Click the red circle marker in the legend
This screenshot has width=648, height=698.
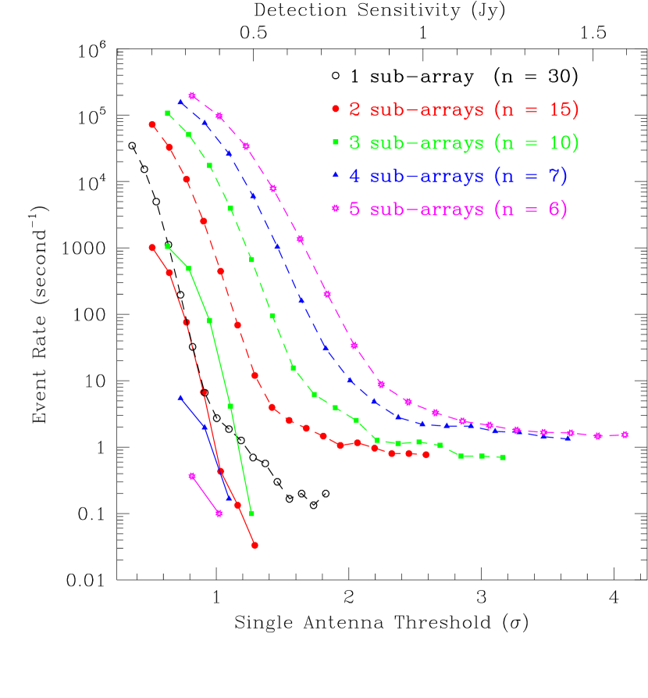[336, 109]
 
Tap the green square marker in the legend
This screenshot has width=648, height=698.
[336, 142]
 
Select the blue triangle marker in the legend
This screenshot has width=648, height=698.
[336, 175]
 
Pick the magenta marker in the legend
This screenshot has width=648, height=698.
[336, 209]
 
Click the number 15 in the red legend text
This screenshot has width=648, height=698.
[559, 110]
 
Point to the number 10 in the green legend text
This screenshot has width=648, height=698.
[559, 143]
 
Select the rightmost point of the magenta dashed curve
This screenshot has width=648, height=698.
[625, 435]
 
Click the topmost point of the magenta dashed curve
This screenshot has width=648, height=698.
[192, 96]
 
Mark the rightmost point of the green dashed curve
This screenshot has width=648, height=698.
[503, 456]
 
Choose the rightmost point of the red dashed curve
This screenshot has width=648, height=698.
[426, 455]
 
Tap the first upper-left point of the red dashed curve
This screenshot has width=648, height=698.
[152, 124]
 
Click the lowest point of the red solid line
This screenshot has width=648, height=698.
[255, 545]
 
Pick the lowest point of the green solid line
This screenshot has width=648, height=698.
[251, 514]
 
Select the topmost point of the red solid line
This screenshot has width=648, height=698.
[152, 248]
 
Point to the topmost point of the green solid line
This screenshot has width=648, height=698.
[168, 247]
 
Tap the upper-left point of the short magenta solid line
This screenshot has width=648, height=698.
[192, 475]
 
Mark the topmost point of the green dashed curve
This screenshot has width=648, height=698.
[168, 113]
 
